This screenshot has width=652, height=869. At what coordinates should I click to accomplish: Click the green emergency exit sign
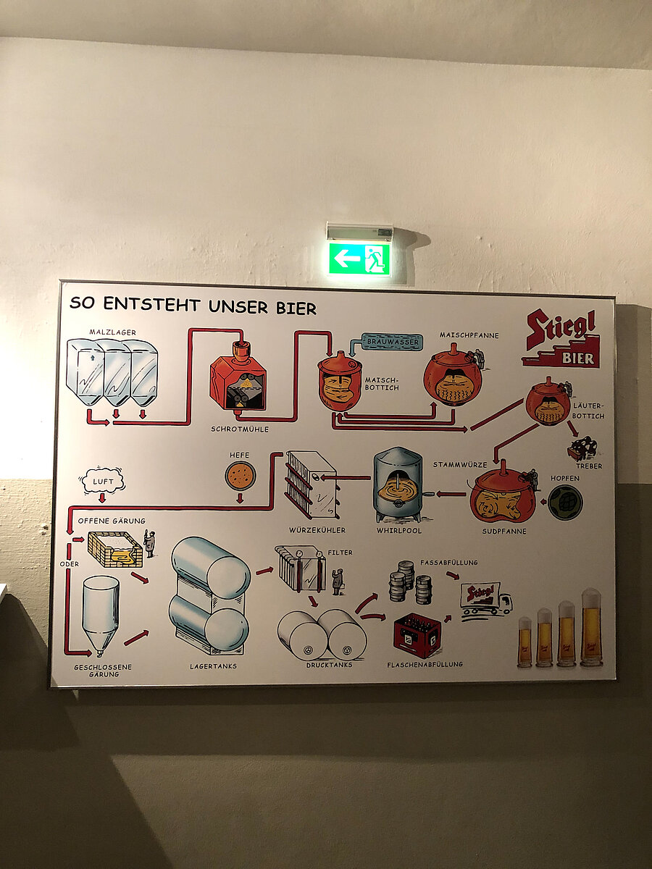coord(359,259)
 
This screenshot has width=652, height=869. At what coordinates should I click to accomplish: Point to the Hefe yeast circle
coord(240,476)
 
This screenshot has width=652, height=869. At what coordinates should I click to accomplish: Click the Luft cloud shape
coord(102,481)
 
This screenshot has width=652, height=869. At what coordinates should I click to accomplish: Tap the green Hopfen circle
coord(565,502)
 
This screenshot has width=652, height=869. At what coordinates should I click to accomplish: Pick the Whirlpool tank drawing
coord(398,484)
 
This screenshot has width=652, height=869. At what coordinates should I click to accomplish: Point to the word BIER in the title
coord(296,308)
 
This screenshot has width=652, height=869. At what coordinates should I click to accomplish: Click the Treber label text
coord(589,466)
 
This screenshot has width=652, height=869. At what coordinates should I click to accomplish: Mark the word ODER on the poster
coord(70,563)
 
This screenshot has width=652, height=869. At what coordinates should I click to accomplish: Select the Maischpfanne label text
coord(469,335)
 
